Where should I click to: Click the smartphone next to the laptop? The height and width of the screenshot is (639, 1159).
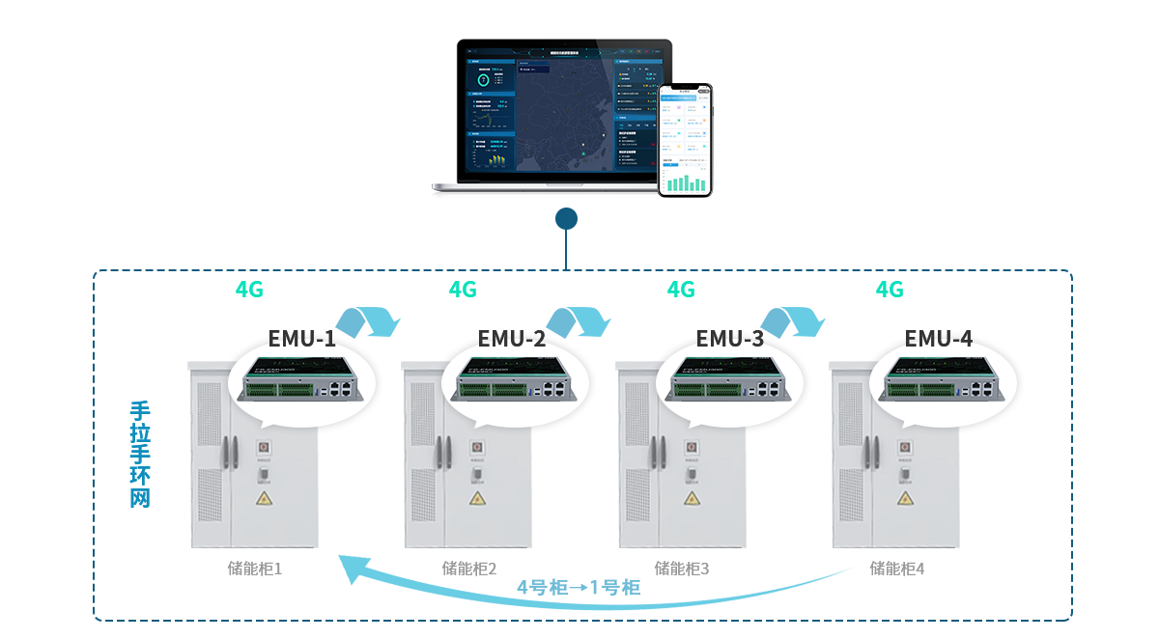[686, 140]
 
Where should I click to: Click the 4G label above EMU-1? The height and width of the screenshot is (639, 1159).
[249, 290]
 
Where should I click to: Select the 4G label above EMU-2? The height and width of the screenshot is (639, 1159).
[463, 290]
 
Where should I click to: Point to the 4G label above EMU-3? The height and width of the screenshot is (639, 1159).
[681, 290]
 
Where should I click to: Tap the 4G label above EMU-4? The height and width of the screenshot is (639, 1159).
[890, 290]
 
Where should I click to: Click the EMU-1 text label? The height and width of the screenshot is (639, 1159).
[302, 339]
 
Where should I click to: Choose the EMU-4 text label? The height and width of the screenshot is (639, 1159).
[938, 339]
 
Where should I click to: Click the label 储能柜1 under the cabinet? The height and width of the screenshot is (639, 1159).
[255, 570]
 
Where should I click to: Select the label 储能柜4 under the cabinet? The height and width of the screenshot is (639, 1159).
[897, 570]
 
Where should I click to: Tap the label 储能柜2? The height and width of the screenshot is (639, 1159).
[469, 570]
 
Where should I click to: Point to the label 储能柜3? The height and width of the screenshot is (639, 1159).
[682, 570]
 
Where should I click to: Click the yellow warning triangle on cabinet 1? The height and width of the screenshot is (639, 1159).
[263, 499]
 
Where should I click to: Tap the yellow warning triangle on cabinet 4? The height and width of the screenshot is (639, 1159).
[905, 499]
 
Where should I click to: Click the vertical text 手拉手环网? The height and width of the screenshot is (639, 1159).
[140, 454]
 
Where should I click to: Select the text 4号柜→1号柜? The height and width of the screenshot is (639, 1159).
[579, 588]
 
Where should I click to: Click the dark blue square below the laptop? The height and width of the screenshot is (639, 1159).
[566, 218]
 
